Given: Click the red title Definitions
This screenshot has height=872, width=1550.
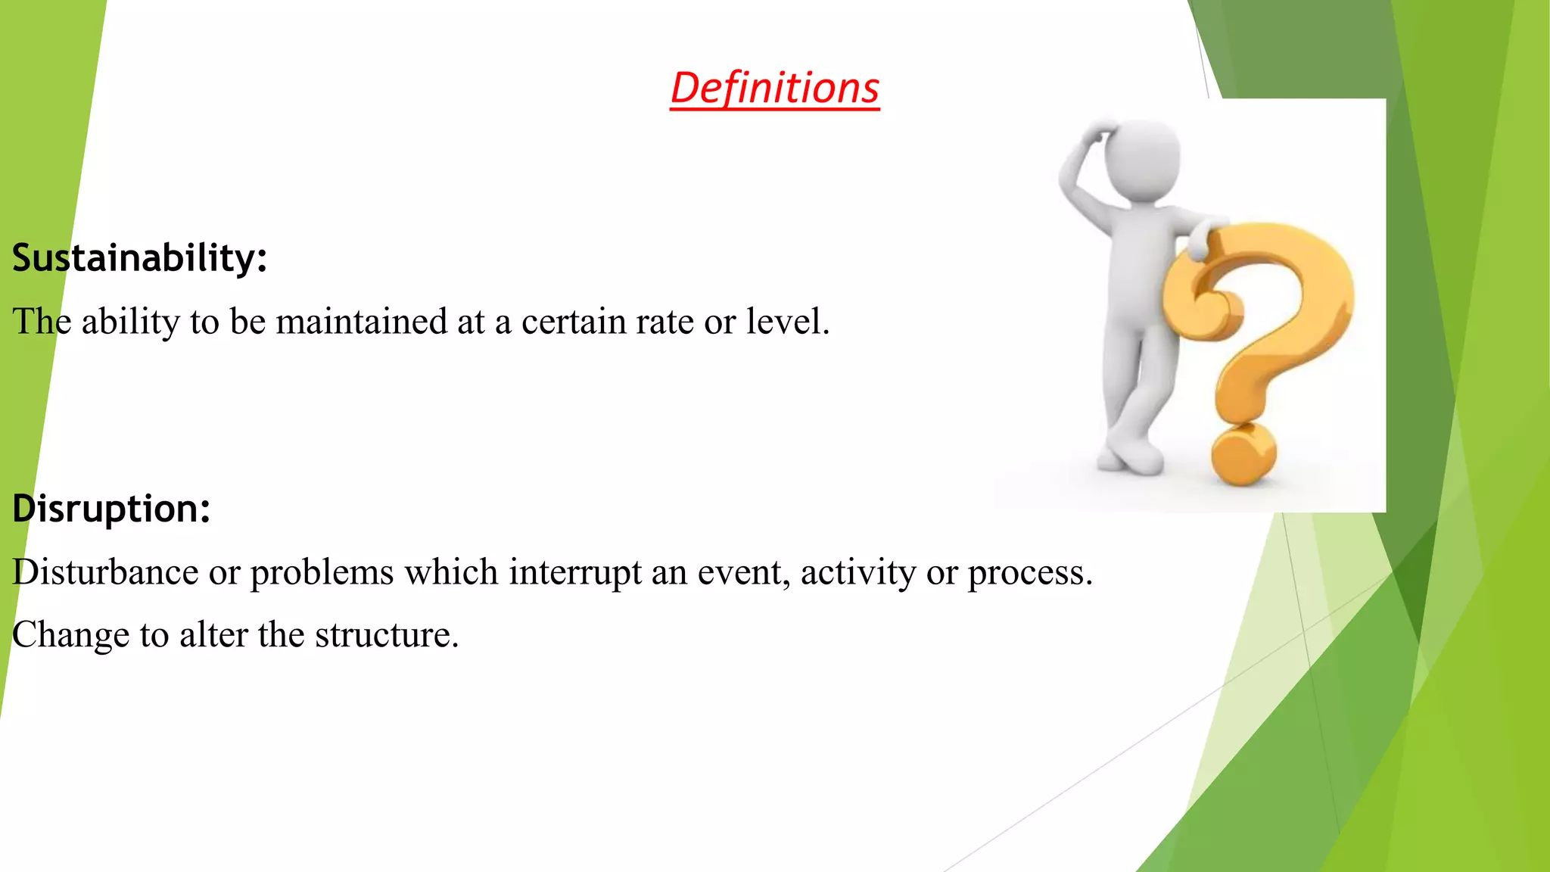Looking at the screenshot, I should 774,88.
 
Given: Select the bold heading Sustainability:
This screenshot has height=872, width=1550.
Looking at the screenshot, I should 140,258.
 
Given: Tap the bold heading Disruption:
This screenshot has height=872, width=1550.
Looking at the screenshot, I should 111,508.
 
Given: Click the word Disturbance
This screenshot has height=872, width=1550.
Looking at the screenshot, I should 105,572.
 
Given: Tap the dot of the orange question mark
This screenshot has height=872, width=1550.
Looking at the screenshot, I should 1243,454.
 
